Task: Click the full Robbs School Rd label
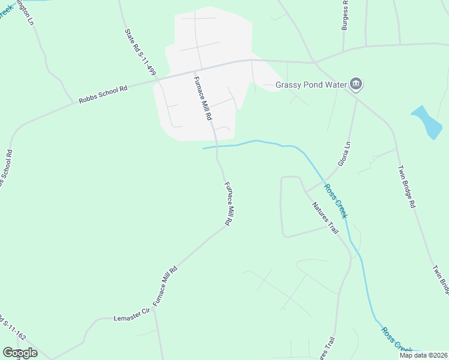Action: (x=103, y=95)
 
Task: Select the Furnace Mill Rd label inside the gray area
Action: (x=203, y=99)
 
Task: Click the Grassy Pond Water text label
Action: (x=311, y=85)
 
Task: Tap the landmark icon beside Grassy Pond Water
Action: (x=356, y=84)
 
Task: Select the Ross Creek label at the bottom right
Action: (x=396, y=340)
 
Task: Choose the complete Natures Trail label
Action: (x=326, y=217)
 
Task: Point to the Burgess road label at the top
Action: (x=345, y=15)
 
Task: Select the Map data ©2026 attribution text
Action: (x=423, y=355)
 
